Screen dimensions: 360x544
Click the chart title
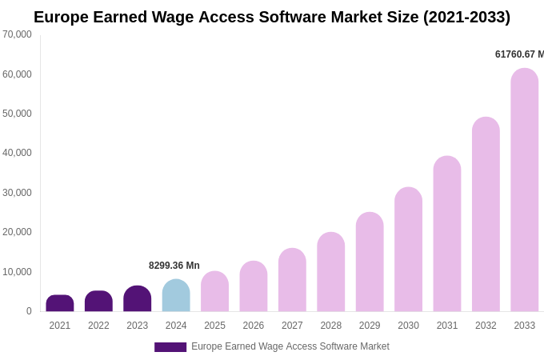(272, 17)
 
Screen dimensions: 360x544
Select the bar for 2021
(60, 304)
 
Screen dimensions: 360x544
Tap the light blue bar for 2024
(176, 296)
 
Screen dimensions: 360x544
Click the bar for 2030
(408, 250)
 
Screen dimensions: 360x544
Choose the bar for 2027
(292, 280)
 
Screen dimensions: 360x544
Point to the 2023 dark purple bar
(138, 299)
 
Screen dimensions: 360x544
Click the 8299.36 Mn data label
(174, 266)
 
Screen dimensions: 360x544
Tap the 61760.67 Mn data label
(519, 54)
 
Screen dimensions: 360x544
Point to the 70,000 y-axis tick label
(17, 34)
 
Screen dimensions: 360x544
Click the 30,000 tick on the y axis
(17, 193)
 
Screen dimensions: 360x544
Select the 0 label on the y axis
(29, 311)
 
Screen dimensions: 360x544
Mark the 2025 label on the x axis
(214, 326)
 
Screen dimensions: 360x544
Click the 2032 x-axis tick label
(486, 326)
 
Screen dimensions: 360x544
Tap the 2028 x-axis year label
(331, 326)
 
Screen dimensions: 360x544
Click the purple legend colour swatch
(170, 347)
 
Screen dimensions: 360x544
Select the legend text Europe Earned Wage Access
(290, 346)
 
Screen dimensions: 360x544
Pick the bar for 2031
(447, 234)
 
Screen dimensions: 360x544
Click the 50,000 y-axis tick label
(17, 114)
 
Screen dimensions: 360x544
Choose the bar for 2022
(98, 302)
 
